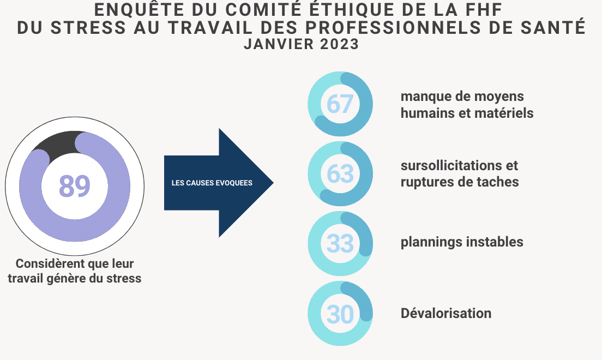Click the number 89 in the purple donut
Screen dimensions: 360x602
coord(75,186)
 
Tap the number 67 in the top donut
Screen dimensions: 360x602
coord(340,104)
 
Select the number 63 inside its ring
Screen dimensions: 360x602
coord(340,174)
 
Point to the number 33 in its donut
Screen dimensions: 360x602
coord(340,244)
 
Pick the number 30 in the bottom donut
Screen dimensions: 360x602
coord(340,314)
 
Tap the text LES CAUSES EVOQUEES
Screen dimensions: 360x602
coord(212,183)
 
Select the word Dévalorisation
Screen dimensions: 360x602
coord(446,313)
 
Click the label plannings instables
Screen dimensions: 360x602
coord(462,242)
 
